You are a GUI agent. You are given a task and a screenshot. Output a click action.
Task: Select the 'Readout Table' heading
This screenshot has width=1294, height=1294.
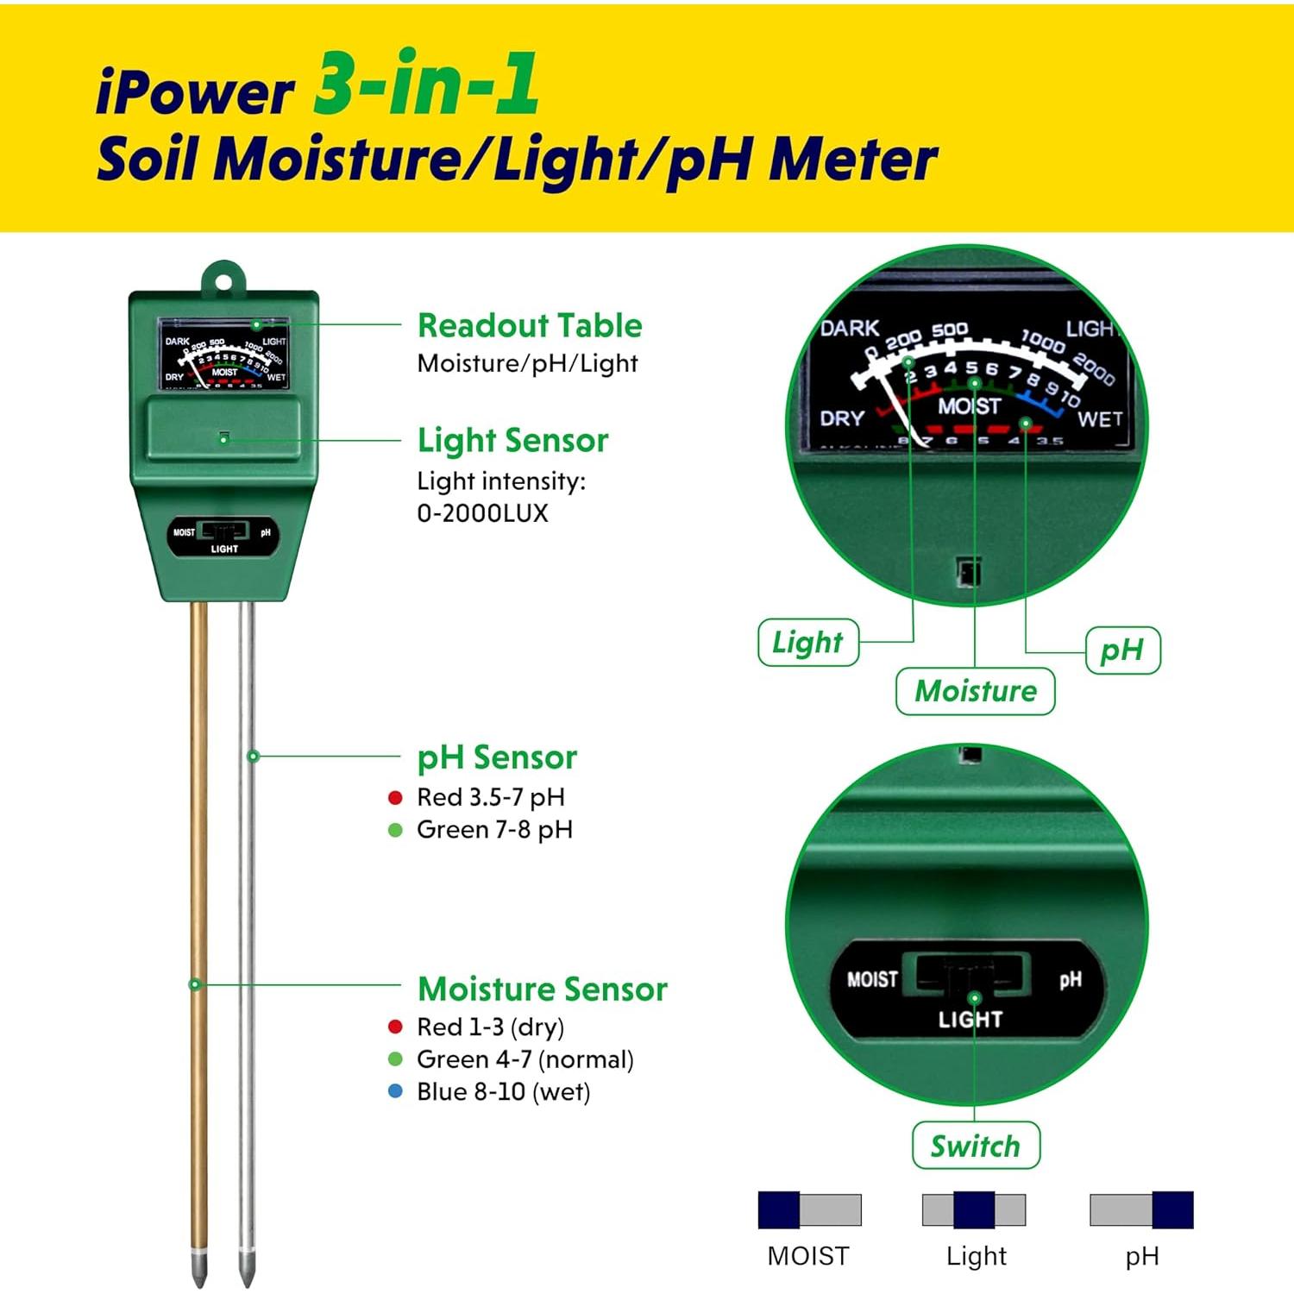click(x=530, y=325)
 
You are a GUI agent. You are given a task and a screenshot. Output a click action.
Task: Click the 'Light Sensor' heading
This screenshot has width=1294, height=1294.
click(x=512, y=440)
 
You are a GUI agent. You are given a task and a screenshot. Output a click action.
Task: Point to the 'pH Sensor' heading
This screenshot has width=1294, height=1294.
click(x=497, y=757)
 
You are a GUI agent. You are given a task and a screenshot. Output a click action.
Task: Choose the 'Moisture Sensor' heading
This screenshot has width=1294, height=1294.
click(x=543, y=989)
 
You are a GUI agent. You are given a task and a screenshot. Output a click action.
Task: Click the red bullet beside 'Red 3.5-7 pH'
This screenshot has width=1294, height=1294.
click(x=395, y=798)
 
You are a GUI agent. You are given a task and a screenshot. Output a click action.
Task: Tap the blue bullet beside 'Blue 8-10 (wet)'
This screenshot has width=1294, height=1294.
click(x=395, y=1091)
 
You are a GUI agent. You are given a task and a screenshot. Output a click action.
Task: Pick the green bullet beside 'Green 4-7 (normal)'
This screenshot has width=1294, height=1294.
click(x=395, y=1059)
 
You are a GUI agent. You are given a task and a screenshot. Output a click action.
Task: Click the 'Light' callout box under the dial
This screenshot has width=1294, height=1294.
click(x=807, y=642)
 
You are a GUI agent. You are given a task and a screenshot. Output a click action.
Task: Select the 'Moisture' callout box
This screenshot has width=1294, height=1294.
click(x=975, y=691)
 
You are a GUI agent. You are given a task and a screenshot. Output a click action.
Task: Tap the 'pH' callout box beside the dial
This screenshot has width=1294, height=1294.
click(x=1121, y=650)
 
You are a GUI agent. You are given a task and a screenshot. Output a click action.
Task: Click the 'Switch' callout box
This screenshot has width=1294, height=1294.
click(x=975, y=1146)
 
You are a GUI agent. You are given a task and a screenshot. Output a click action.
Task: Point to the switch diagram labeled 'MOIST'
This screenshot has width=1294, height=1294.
click(x=809, y=1209)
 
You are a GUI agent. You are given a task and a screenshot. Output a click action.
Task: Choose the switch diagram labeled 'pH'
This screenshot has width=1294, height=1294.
click(x=1141, y=1209)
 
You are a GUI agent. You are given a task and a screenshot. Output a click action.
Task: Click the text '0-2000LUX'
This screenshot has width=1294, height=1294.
click(x=482, y=513)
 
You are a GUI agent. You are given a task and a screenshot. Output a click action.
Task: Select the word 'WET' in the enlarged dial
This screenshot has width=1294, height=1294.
click(x=1100, y=419)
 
